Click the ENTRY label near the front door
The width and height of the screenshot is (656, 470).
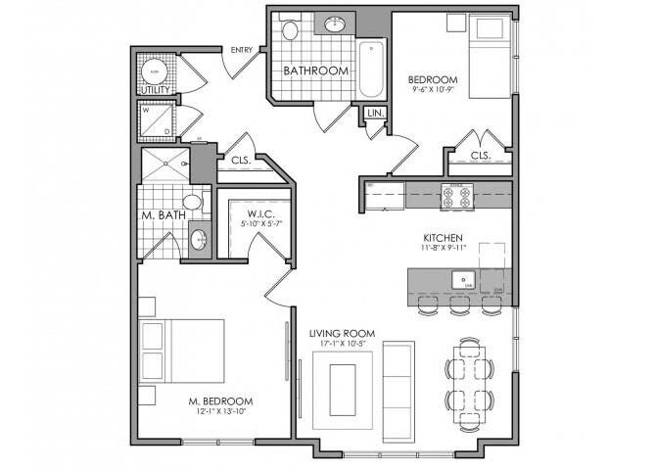(241, 50)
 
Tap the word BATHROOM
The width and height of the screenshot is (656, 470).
(315, 71)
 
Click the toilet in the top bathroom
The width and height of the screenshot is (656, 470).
(289, 28)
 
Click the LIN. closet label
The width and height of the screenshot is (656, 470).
(375, 114)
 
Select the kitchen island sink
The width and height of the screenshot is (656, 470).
(463, 281)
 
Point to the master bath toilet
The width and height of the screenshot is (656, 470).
(193, 202)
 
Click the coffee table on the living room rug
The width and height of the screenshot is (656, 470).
(342, 389)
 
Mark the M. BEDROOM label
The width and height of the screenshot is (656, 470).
(222, 401)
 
